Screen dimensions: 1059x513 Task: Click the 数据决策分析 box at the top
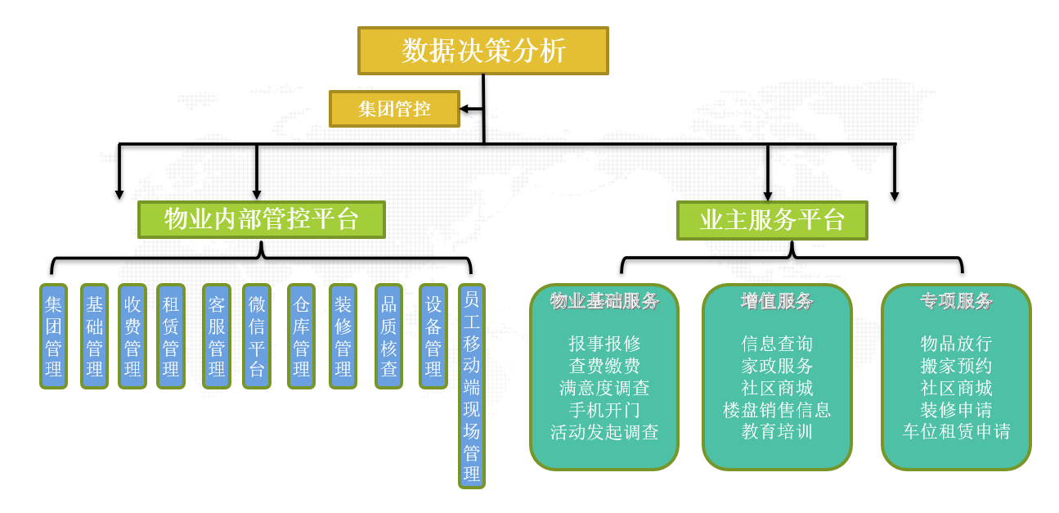coord(482,51)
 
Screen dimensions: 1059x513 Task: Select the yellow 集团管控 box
coord(394,109)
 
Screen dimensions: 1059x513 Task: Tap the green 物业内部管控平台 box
coord(262,220)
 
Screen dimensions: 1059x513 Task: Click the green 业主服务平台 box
coord(772,220)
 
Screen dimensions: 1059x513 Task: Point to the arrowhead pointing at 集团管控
coord(464,109)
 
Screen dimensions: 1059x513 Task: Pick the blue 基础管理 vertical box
coord(94,336)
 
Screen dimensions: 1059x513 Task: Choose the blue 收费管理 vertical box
coord(132,336)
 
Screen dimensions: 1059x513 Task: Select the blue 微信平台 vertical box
coord(257,336)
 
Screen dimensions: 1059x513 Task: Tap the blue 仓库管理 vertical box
coord(301,336)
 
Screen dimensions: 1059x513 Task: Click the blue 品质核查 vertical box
coord(388,336)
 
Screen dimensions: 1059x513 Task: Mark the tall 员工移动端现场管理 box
coord(471,386)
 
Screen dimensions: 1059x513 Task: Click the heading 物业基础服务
coord(604,301)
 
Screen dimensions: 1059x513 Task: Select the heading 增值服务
coord(777,301)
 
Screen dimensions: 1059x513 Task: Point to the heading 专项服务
coord(956,301)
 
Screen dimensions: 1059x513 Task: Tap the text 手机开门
coord(604,410)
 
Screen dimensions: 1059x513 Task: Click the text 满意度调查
coord(604,388)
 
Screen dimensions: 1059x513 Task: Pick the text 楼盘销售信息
coord(777,410)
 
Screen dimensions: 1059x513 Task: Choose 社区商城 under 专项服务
coord(956,388)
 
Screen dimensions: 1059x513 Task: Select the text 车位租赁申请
coord(956,432)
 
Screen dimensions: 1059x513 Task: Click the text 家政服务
coord(777,366)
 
